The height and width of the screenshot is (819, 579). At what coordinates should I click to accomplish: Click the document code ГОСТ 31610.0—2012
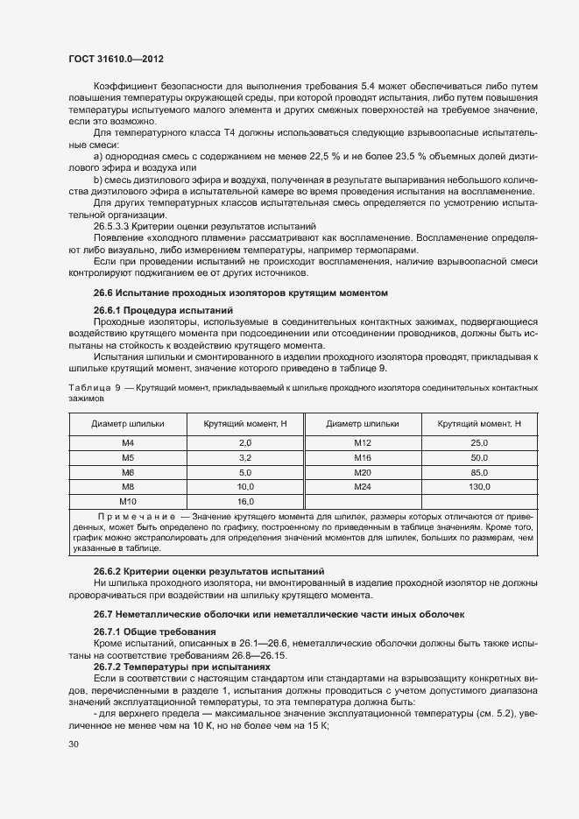pyautogui.click(x=116, y=59)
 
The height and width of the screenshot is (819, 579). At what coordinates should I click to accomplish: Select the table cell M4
pyautogui.click(x=127, y=443)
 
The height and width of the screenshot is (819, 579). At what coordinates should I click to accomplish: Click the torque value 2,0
pyautogui.click(x=244, y=443)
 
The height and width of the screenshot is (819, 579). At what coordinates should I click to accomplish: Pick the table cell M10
pyautogui.click(x=127, y=501)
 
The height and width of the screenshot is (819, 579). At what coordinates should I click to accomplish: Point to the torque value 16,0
pyautogui.click(x=244, y=501)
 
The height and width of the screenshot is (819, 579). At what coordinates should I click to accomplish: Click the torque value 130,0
pyautogui.click(x=479, y=486)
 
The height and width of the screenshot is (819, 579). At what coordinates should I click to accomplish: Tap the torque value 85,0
pyautogui.click(x=479, y=472)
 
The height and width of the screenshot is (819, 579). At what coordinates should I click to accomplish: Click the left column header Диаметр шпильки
pyautogui.click(x=127, y=424)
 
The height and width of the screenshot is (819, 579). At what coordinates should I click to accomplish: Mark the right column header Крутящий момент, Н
pyautogui.click(x=479, y=424)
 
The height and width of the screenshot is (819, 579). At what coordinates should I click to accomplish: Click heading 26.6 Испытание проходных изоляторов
pyautogui.click(x=240, y=292)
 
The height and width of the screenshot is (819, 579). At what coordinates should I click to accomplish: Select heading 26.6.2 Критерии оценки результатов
pyautogui.click(x=208, y=571)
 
